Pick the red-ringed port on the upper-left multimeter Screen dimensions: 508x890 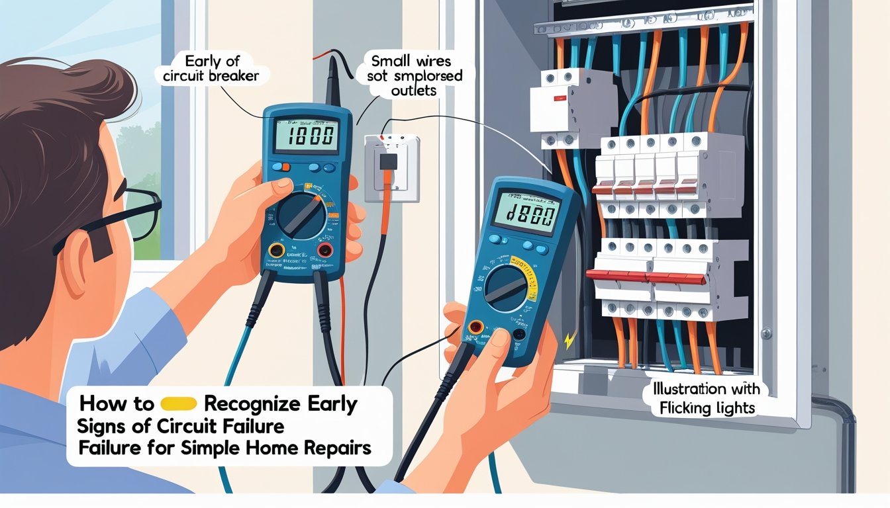(x=324, y=249)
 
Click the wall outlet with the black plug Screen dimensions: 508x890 (x=391, y=167)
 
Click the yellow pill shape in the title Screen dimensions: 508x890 (x=179, y=403)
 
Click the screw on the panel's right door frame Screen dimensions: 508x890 (x=766, y=333)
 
